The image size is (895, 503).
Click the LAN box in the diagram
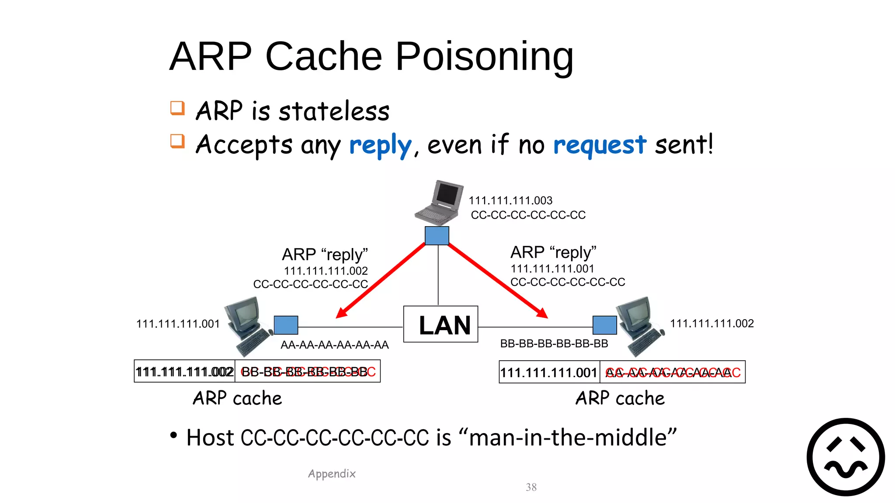click(441, 324)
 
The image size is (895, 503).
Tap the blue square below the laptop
click(437, 236)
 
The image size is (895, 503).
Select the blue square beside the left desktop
click(286, 325)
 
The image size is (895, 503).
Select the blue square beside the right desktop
click(604, 325)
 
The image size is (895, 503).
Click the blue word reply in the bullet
click(380, 145)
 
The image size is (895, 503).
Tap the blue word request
click(599, 145)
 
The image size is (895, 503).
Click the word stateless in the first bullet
click(334, 111)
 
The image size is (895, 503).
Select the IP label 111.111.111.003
click(510, 200)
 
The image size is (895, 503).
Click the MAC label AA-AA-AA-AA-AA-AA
click(334, 345)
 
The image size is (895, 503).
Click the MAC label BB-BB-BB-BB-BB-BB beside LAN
click(554, 344)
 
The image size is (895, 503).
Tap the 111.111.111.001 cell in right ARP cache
click(548, 372)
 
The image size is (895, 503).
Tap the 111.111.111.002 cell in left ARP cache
click(184, 372)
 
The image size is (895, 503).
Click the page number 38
click(531, 487)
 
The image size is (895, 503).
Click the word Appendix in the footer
click(332, 474)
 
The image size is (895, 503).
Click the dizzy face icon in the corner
click(846, 457)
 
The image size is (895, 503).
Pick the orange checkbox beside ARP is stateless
click(177, 108)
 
